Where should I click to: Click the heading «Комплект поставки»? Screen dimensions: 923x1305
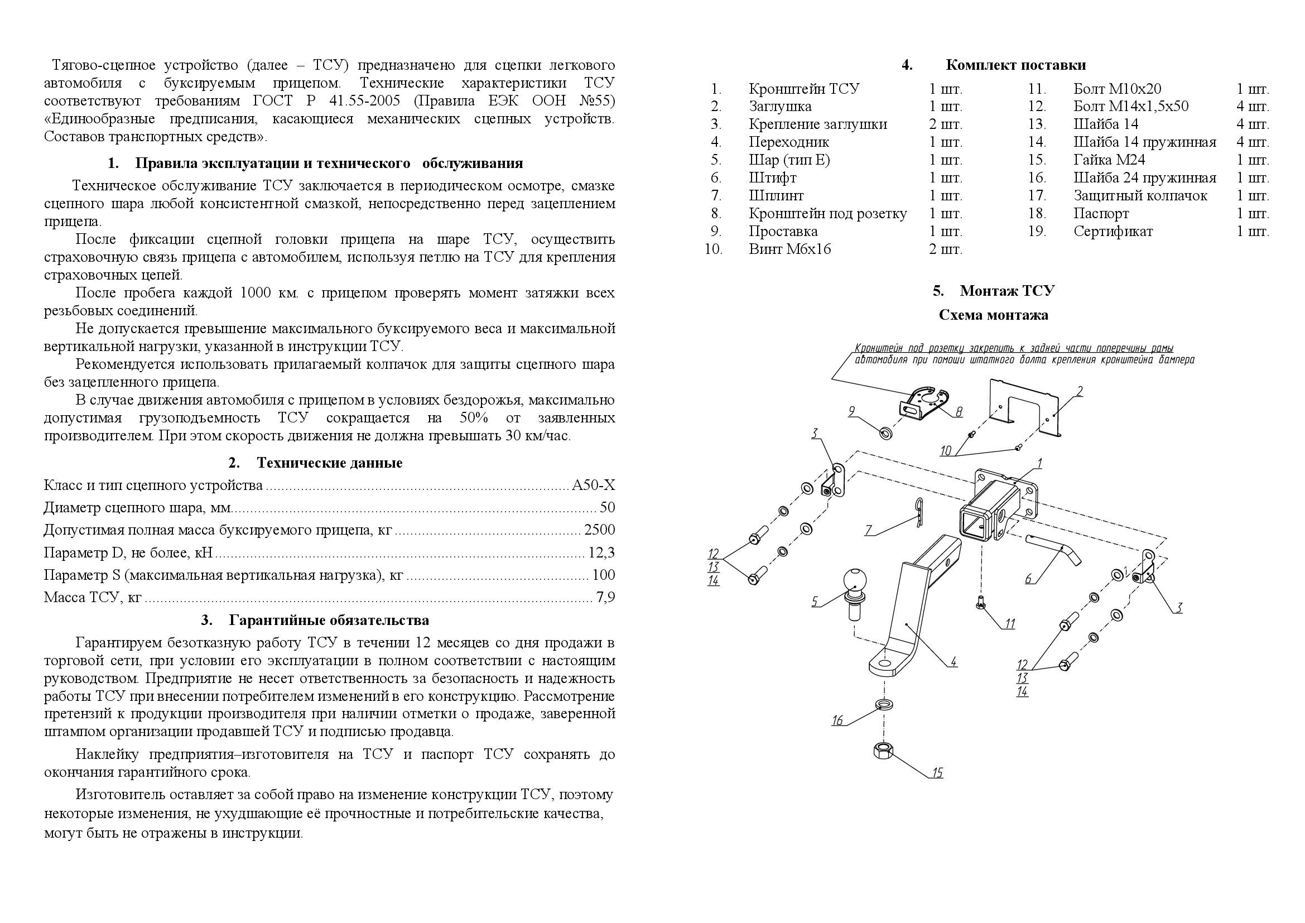[1015, 65]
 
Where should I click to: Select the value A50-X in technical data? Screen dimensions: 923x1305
[593, 485]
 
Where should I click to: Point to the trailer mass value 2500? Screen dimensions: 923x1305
[599, 530]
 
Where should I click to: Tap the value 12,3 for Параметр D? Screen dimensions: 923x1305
[601, 552]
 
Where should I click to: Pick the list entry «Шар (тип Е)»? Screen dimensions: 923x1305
[789, 160]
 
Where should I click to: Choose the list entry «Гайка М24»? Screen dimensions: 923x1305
[1109, 160]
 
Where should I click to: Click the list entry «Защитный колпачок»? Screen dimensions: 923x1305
[1140, 196]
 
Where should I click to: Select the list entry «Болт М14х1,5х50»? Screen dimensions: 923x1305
[1130, 107]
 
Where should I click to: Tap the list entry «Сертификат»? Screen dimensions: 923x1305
[1113, 232]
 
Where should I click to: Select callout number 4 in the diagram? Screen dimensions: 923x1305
[953, 662]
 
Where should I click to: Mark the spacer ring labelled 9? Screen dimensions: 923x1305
[885, 434]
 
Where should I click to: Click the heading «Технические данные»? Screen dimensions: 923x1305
[329, 463]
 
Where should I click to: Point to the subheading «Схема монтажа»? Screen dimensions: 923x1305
[993, 315]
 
